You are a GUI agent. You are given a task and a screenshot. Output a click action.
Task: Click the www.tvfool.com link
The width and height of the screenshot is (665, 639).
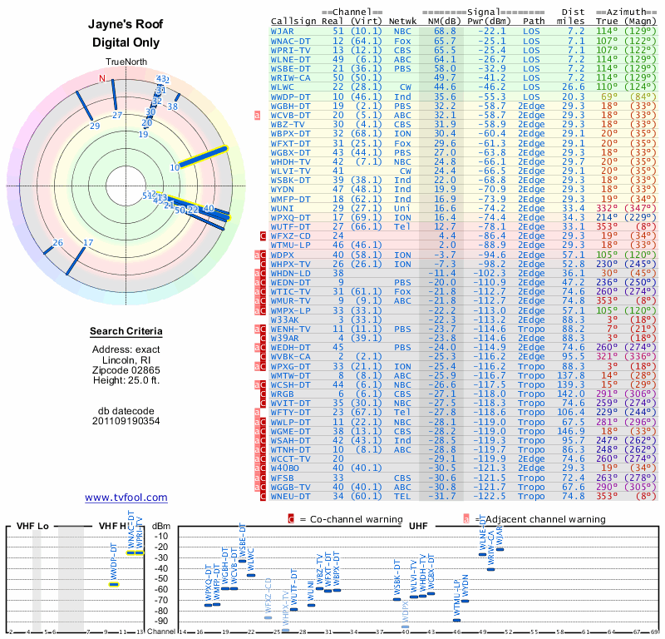[126, 498]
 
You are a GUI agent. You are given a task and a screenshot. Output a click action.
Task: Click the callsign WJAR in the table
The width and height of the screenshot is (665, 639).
[283, 31]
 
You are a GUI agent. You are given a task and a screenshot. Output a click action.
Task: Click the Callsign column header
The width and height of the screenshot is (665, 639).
[293, 21]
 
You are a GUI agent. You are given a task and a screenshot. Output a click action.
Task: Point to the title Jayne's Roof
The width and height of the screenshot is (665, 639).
[126, 25]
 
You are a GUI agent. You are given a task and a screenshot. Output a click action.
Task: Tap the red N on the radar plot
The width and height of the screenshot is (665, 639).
[103, 79]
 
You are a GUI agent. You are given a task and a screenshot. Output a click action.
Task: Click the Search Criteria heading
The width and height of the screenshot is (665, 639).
[126, 332]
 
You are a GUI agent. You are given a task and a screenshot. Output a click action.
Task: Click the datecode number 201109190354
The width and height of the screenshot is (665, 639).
[126, 421]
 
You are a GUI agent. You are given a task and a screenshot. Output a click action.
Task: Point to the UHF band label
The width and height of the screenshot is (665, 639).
[418, 526]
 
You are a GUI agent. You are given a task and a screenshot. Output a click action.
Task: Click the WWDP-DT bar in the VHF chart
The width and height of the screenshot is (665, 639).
[114, 584]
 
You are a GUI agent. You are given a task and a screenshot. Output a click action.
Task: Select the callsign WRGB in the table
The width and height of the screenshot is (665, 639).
[283, 394]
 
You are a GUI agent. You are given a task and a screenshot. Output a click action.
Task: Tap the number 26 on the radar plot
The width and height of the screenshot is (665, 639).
[57, 243]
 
